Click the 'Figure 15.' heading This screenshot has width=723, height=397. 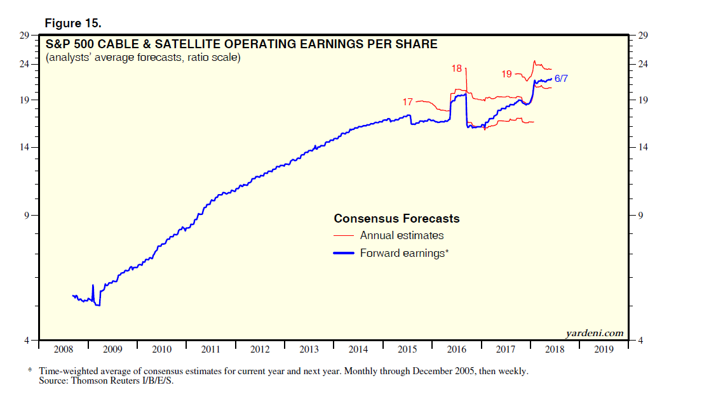(73, 23)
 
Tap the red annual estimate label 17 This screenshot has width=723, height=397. (408, 101)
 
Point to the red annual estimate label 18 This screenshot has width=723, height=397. (457, 68)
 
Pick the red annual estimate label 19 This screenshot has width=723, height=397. (506, 74)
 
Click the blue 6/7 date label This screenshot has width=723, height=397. (562, 79)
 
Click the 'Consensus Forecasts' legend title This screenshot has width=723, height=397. (396, 219)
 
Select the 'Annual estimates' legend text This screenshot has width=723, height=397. (402, 235)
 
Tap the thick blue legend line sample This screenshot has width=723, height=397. (344, 253)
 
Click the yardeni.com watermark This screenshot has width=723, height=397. (594, 334)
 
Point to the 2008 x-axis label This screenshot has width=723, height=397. (64, 349)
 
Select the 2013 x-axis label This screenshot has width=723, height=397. (309, 349)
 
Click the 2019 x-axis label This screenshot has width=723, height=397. (604, 349)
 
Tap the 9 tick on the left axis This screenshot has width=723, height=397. (27, 216)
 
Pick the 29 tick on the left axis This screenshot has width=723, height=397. (24, 36)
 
